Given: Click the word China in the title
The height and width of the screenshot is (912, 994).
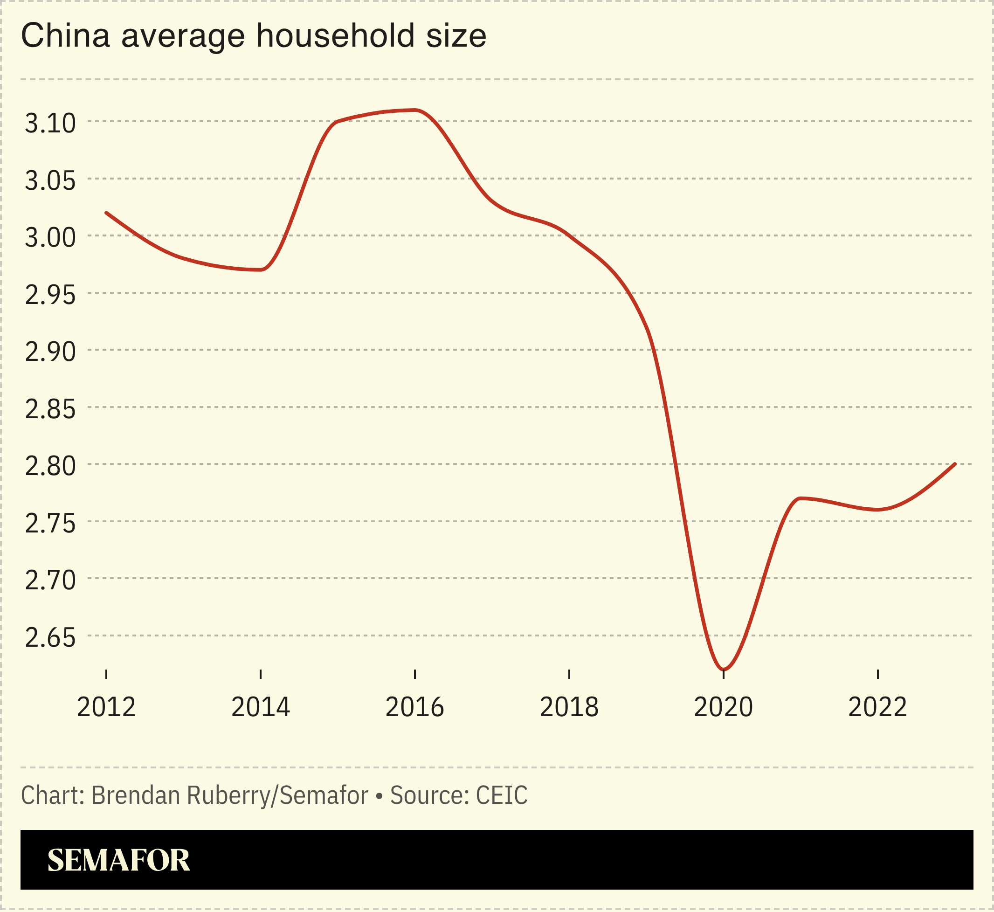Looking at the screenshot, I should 65,36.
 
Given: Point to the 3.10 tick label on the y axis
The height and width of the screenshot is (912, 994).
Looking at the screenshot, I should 50,124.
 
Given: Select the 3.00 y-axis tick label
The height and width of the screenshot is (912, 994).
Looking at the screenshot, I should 50,238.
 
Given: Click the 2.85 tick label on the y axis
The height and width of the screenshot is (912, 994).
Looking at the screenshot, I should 50,410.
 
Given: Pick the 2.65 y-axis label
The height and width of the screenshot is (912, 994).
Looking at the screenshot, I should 50,638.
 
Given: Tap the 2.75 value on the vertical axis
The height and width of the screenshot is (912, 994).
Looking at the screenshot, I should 50,524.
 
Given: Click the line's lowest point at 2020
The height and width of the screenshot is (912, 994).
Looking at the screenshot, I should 723,670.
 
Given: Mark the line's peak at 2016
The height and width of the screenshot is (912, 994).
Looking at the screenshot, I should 415,110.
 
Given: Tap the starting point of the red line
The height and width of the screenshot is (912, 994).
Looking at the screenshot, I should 107,213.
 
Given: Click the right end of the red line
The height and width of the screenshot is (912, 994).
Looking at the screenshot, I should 955,464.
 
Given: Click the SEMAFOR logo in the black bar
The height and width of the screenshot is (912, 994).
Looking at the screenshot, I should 118,860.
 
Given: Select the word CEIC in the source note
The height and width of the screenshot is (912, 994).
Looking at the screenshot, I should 502,795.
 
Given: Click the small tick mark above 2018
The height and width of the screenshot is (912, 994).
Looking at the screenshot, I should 569,674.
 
